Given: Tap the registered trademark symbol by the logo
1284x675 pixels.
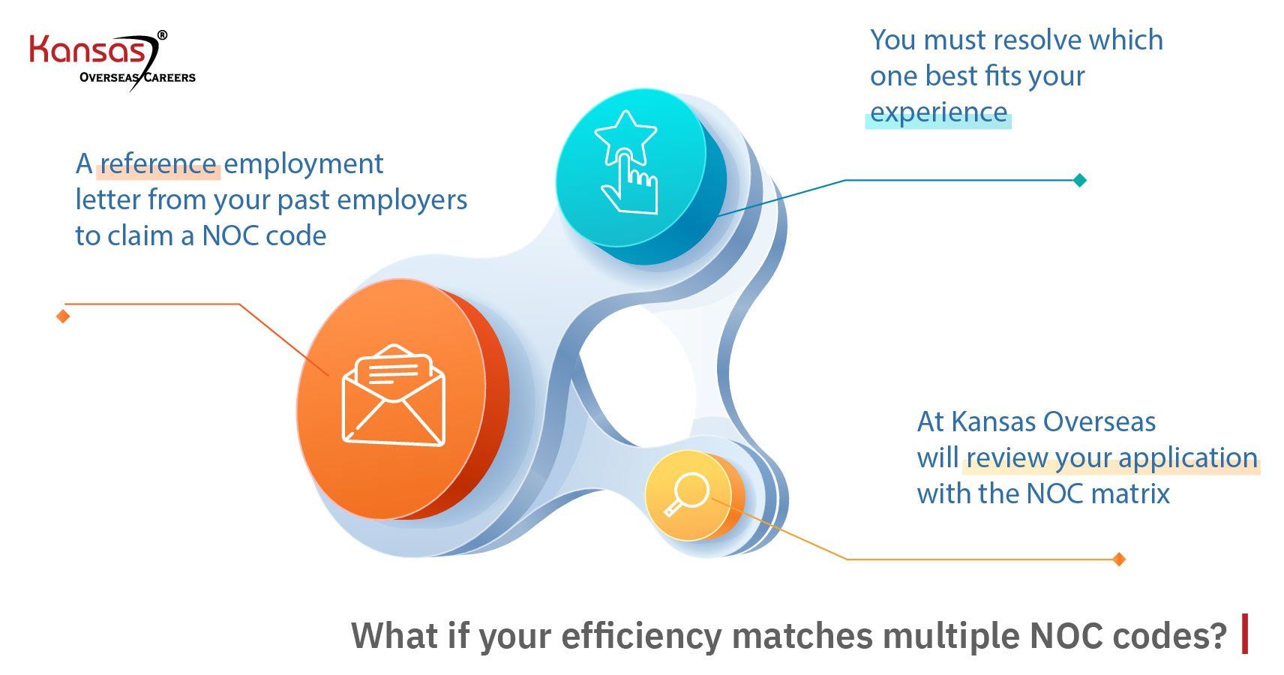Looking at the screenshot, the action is pos(162,34).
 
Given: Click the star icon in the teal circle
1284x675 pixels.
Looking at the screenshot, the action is pos(625,136).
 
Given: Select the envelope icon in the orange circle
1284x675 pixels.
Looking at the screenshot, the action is pos(393,394).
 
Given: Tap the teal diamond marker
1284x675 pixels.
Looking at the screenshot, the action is pos(1080,180).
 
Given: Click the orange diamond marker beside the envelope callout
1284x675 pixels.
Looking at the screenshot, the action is pos(63,316).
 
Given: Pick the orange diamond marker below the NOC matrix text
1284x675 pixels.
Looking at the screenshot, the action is pos(1119,559).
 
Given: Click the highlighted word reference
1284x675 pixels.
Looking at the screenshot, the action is pos(158,163).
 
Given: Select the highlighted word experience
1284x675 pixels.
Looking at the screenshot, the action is pos(938,112).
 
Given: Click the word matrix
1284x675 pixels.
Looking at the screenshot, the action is pos(1129,493).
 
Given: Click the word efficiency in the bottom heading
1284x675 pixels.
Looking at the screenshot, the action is pos(641,636).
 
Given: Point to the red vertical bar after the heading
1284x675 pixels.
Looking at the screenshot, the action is pos(1245,634).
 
